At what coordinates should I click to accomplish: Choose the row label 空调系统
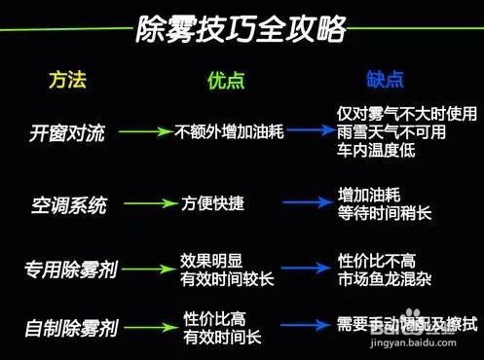tap(68, 204)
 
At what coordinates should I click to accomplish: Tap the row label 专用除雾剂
tap(72, 269)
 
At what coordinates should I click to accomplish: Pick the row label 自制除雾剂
tap(71, 326)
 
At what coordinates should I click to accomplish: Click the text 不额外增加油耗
tap(229, 130)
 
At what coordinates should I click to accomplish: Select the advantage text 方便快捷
tap(213, 204)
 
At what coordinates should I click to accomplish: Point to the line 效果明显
tap(212, 260)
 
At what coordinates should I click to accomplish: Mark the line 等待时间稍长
tap(384, 212)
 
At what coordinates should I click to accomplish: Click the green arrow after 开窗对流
tap(152, 130)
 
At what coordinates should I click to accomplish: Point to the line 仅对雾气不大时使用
tap(399, 113)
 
